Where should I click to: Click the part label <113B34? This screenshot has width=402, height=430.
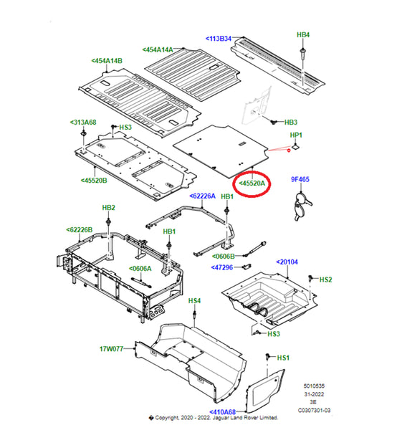click(219, 39)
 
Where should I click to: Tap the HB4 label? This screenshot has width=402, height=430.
click(303, 35)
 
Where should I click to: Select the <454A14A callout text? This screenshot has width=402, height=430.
click(158, 49)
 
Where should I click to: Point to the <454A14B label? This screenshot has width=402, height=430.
click(107, 61)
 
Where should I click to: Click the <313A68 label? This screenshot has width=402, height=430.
click(83, 123)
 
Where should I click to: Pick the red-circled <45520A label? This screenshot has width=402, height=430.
click(252, 183)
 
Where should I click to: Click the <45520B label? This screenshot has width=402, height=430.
click(94, 181)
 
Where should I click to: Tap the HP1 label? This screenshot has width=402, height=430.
click(296, 135)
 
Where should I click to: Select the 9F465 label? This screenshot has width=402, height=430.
click(300, 179)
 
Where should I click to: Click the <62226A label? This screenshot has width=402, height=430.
click(202, 196)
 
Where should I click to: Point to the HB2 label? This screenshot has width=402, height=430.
click(109, 208)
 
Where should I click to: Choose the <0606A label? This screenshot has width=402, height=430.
click(140, 269)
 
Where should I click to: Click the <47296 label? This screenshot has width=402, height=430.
click(222, 267)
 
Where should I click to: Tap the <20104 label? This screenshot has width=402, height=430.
click(287, 262)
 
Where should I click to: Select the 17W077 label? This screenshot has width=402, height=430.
click(111, 349)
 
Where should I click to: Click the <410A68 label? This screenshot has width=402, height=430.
click(222, 412)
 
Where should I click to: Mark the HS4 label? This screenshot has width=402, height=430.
click(194, 301)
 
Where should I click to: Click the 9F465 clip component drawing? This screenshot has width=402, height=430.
click(302, 206)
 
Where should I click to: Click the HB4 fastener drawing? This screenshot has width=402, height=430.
click(302, 53)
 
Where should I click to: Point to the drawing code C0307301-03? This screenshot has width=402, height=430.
click(315, 410)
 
